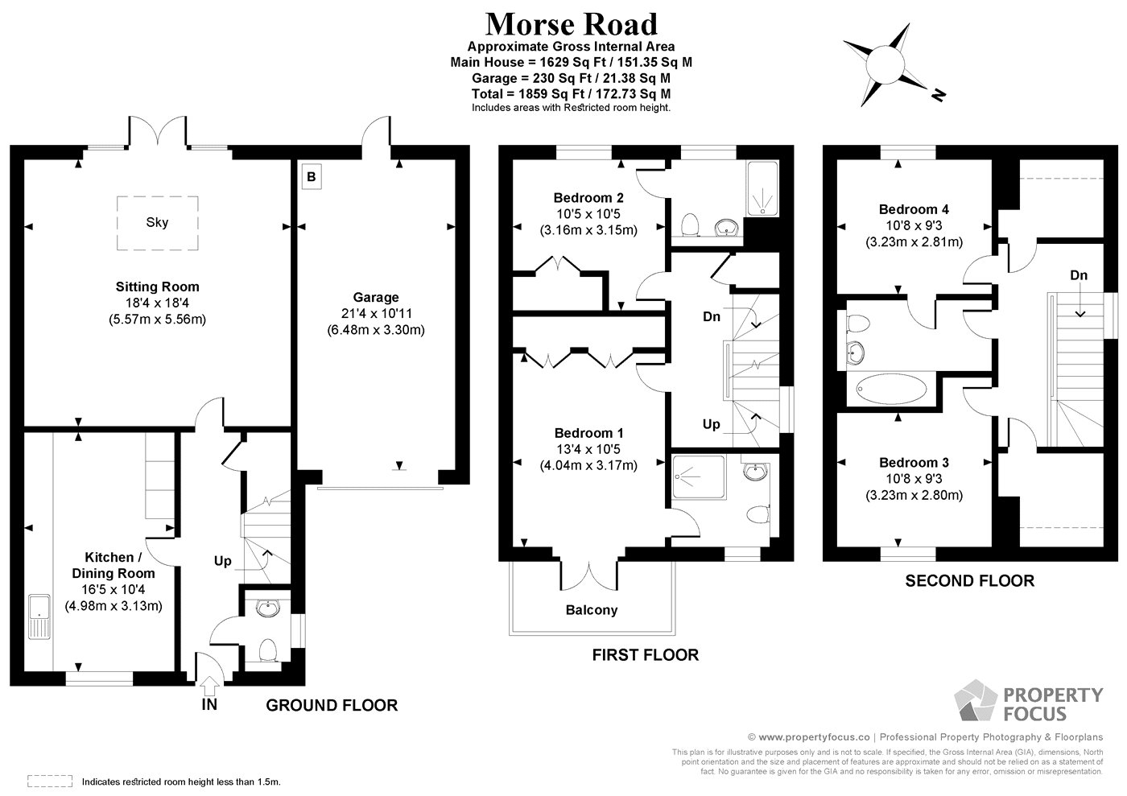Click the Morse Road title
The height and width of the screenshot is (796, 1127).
[571, 24]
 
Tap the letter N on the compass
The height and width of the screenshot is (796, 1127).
[939, 95]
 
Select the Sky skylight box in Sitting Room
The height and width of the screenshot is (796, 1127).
[158, 223]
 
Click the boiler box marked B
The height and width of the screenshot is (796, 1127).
[312, 176]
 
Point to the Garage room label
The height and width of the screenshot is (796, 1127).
[376, 297]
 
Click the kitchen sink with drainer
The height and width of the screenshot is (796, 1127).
[39, 617]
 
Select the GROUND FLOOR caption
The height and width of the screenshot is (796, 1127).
[332, 705]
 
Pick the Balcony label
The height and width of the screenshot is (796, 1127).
[592, 610]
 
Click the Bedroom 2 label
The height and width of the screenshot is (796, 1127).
[588, 198]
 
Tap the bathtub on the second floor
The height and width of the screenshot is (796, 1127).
[892, 389]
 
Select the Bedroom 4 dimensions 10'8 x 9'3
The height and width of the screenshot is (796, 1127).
[914, 225]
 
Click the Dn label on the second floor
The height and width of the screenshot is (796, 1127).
[1079, 275]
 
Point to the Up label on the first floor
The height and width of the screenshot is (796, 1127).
[712, 425]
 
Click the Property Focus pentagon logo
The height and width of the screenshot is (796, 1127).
[975, 701]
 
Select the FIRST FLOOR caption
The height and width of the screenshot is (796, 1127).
[646, 655]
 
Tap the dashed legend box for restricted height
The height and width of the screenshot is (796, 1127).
[50, 781]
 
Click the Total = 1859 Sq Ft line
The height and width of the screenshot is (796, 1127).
[571, 94]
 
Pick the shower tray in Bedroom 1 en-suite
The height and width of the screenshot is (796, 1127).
[699, 477]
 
